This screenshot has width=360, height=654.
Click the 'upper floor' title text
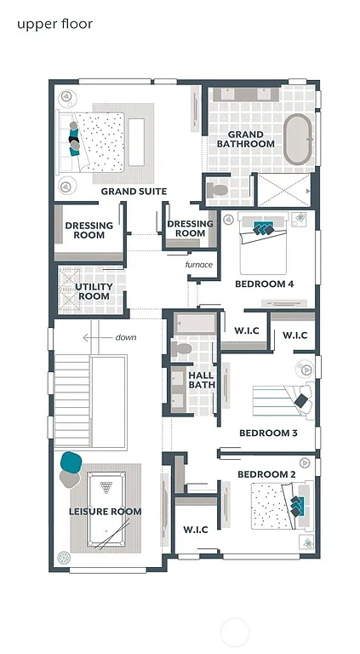[54, 24]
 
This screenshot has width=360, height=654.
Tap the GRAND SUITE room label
[134, 192]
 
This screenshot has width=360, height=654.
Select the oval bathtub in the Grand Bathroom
[297, 140]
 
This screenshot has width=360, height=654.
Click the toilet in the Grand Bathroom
[218, 188]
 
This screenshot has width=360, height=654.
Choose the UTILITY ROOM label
[94, 291]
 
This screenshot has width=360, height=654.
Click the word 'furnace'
[198, 265]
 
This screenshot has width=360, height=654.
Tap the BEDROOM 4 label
[264, 284]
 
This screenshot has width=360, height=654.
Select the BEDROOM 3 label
[268, 433]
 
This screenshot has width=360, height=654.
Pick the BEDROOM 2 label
[266, 473]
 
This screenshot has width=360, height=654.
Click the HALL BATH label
[202, 380]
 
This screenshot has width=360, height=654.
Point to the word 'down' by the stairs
[125, 337]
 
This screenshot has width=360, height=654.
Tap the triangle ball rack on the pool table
[106, 488]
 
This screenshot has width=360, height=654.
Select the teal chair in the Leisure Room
[71, 462]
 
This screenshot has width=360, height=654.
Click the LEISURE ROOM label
[105, 511]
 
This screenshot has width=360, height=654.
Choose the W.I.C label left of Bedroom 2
[196, 530]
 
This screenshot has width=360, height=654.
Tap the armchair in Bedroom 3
[302, 397]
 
